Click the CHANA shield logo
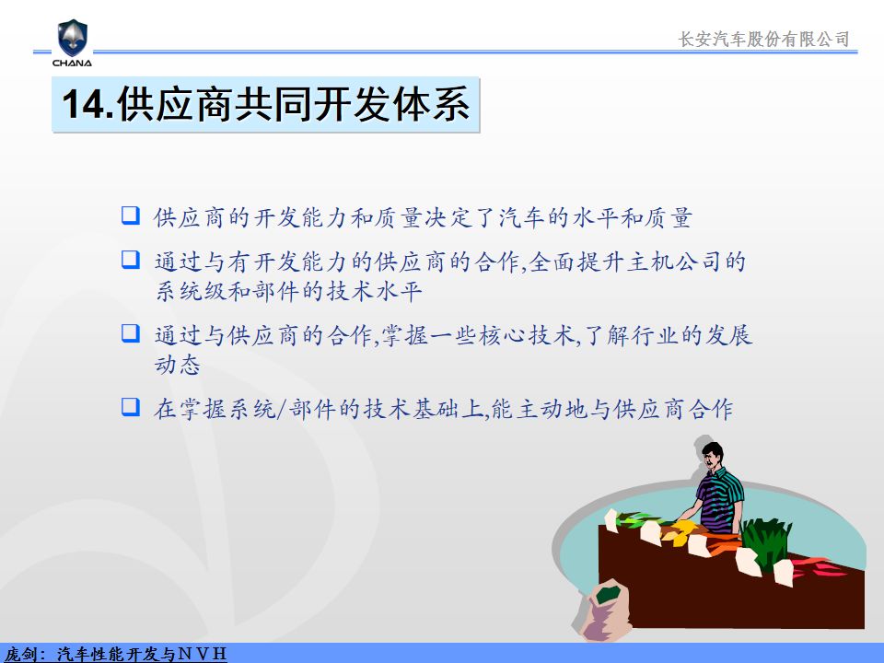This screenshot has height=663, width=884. coord(72,39)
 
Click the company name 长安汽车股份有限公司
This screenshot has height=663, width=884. coord(763,39)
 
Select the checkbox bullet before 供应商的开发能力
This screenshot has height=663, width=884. coord(130,215)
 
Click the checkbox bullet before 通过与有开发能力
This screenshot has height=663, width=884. coord(130,260)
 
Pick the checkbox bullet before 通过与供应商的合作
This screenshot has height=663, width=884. coord(130,332)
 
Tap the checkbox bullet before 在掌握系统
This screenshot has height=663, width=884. coord(130,406)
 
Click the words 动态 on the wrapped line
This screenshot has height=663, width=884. coord(178,365)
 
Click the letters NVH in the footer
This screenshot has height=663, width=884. coord(202,654)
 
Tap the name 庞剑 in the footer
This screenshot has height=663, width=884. coord(19,654)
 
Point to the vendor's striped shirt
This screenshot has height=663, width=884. coord(719,499)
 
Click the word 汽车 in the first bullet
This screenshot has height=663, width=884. coord(523,217)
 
